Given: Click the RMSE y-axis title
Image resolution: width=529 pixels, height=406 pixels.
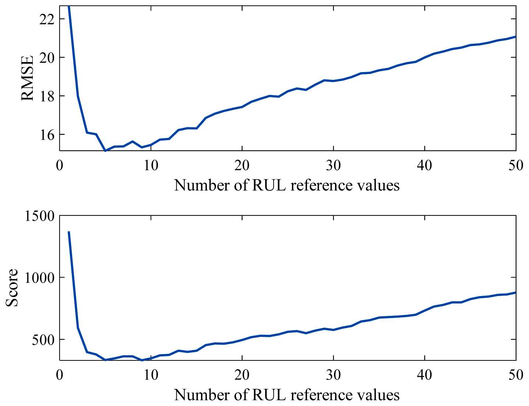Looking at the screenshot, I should [27, 78].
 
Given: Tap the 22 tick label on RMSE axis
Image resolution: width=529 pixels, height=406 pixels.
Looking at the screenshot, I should [47, 19].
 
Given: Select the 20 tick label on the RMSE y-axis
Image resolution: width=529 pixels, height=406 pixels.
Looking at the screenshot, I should [47, 58].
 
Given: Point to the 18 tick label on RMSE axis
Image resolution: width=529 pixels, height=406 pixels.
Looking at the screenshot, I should [47, 96].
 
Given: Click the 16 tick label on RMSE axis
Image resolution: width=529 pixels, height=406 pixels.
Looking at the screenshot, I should [47, 135].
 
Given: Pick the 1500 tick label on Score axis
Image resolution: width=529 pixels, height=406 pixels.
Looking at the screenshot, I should [40, 216].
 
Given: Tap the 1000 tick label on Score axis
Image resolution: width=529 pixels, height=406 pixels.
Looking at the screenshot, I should [40, 278].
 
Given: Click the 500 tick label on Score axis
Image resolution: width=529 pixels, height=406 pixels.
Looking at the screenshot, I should [43, 339].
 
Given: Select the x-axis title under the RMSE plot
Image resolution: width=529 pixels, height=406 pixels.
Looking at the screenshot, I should [287, 185].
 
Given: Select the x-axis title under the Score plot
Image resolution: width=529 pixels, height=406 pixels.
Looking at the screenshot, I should [287, 395].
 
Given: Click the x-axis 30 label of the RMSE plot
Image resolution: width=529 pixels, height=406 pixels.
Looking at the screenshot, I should [333, 165].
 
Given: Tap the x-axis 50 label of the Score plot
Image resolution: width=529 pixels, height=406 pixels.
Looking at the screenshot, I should [516, 375].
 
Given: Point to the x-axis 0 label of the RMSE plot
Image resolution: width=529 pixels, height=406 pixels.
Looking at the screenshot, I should [60, 165].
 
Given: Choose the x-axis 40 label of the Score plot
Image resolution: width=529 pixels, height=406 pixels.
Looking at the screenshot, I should [424, 375].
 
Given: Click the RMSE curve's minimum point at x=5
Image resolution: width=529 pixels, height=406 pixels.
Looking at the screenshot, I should [105, 150].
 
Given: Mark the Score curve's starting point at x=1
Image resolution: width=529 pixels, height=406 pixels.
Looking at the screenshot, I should [69, 232].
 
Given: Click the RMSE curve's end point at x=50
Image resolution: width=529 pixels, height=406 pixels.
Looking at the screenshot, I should [515, 36].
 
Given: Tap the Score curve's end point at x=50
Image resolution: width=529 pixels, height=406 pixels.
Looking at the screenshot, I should [515, 292].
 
